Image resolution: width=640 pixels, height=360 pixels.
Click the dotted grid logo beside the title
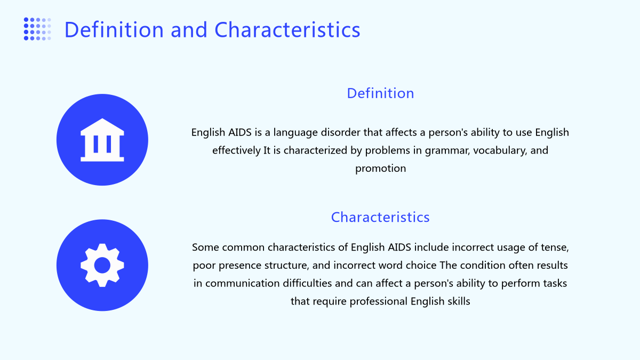37,29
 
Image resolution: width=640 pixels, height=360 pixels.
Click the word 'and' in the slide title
189,29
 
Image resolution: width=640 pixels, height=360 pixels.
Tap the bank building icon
102,140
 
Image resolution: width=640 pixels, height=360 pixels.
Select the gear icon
102,265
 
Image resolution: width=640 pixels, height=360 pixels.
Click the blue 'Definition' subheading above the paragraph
380,93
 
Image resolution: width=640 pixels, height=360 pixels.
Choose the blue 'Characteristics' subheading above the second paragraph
380,217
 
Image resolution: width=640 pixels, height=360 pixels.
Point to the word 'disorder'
341,132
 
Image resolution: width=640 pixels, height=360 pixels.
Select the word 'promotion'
381,169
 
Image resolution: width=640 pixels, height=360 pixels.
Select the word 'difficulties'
307,283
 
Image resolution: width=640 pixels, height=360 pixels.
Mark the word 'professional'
379,301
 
